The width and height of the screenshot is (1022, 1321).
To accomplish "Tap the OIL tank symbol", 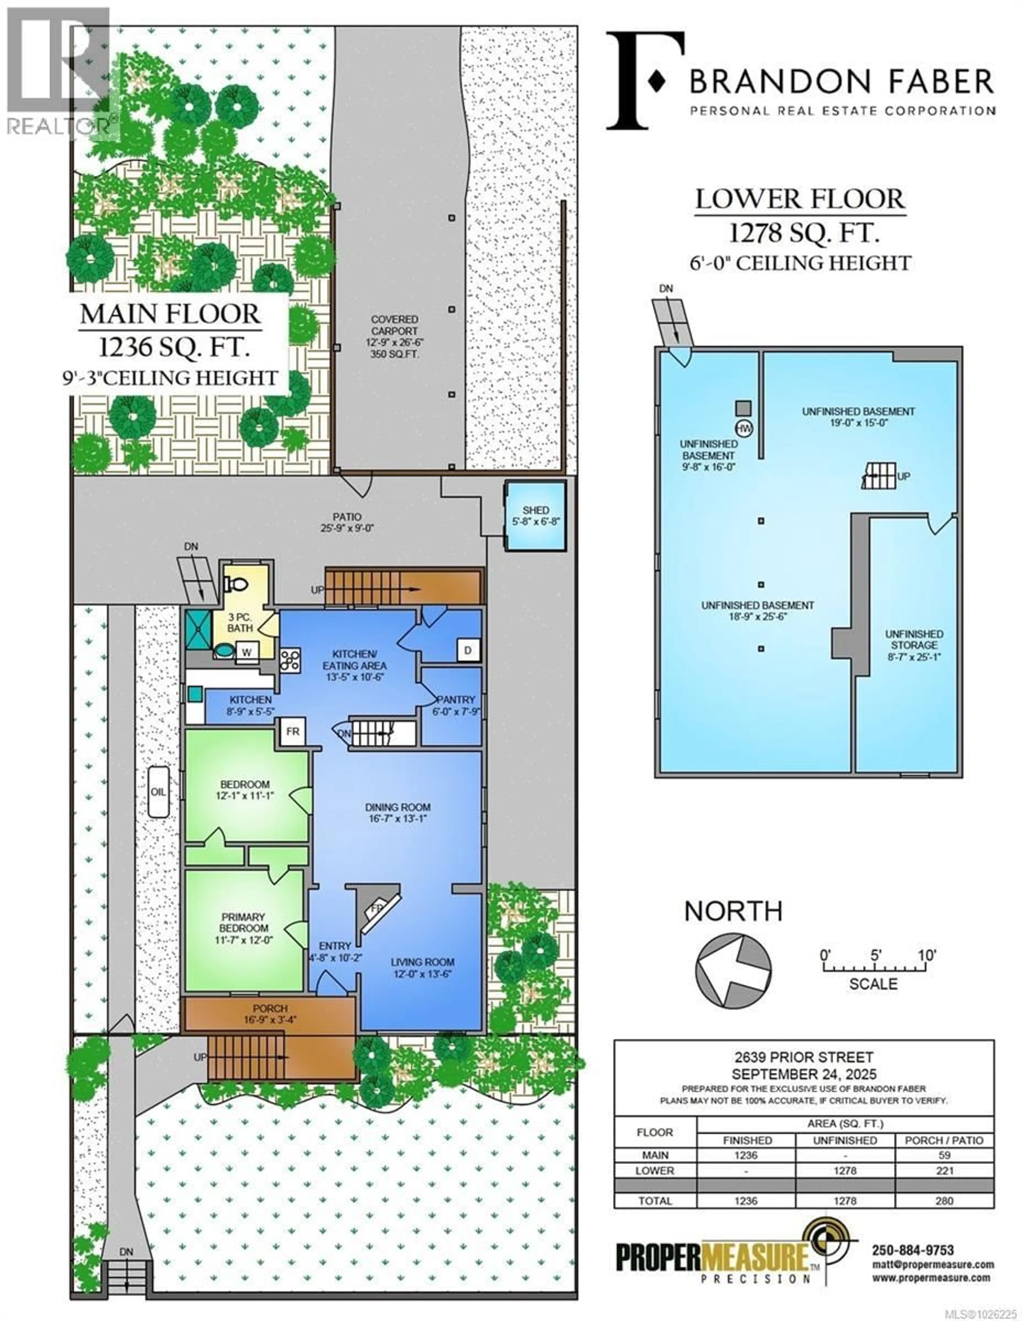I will (159, 792).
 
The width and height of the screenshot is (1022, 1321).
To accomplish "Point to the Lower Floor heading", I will (800, 199).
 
